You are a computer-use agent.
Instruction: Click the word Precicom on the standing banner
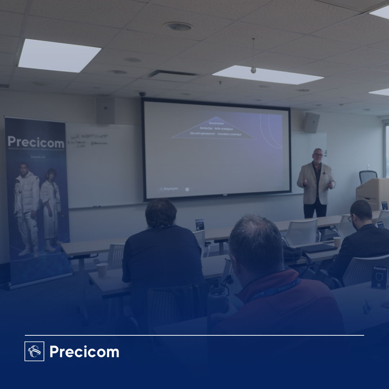pos(36,142)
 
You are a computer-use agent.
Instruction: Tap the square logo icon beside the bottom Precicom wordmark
pos(34,351)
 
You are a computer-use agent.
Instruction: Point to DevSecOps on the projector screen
pos(206,128)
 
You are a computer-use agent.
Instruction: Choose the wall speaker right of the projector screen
pos(311,122)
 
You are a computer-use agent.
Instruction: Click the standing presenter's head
pos(318,156)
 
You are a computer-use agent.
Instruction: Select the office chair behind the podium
pos(368,176)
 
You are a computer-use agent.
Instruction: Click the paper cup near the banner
pos(102,270)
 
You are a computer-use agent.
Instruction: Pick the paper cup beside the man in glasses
pos(337,242)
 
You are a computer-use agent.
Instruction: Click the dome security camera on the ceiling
pos(143,94)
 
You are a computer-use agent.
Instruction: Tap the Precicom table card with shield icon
pos(380,277)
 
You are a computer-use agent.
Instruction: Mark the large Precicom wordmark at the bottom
pos(84,352)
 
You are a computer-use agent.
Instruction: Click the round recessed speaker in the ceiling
pos(178,26)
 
